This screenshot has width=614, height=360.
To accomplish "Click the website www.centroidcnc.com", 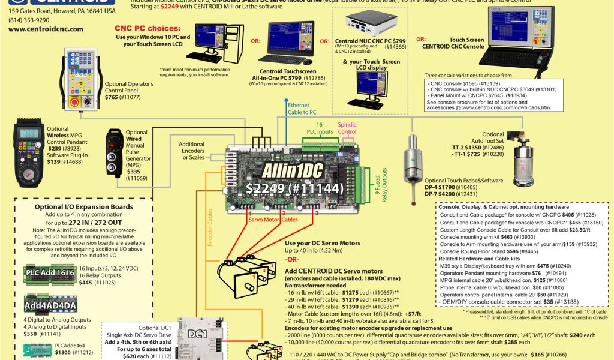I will tap(46, 29).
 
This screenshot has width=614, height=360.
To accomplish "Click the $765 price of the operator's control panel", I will tap(112, 97).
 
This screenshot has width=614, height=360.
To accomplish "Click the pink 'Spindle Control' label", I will tap(347, 128).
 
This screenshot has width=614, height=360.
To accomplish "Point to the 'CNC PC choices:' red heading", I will tap(147, 28).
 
